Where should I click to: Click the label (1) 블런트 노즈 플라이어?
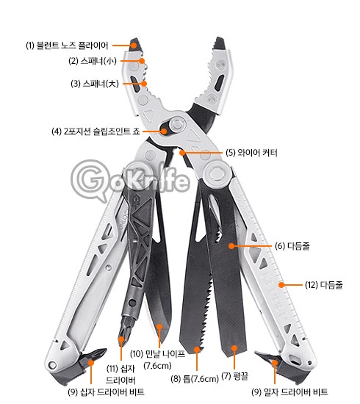point(67,46)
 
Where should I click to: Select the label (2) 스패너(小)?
point(93,61)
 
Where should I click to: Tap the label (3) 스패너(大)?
point(95,84)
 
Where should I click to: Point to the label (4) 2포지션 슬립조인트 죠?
point(96,131)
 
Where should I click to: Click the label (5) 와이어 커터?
point(251,153)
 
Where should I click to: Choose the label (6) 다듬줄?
point(292,246)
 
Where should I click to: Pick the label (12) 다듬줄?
point(324,285)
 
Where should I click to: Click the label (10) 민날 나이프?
point(157,354)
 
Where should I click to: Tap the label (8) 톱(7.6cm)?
point(195,379)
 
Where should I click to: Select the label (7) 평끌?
point(235,376)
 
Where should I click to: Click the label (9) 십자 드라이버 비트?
point(106,392)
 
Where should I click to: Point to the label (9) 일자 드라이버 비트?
point(289,392)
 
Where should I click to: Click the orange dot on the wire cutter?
point(182,153)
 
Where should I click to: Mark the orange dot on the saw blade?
point(197,350)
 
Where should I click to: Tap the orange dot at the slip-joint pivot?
point(164,131)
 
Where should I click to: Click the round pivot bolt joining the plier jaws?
point(177,124)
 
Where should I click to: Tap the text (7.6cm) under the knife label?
point(157,366)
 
